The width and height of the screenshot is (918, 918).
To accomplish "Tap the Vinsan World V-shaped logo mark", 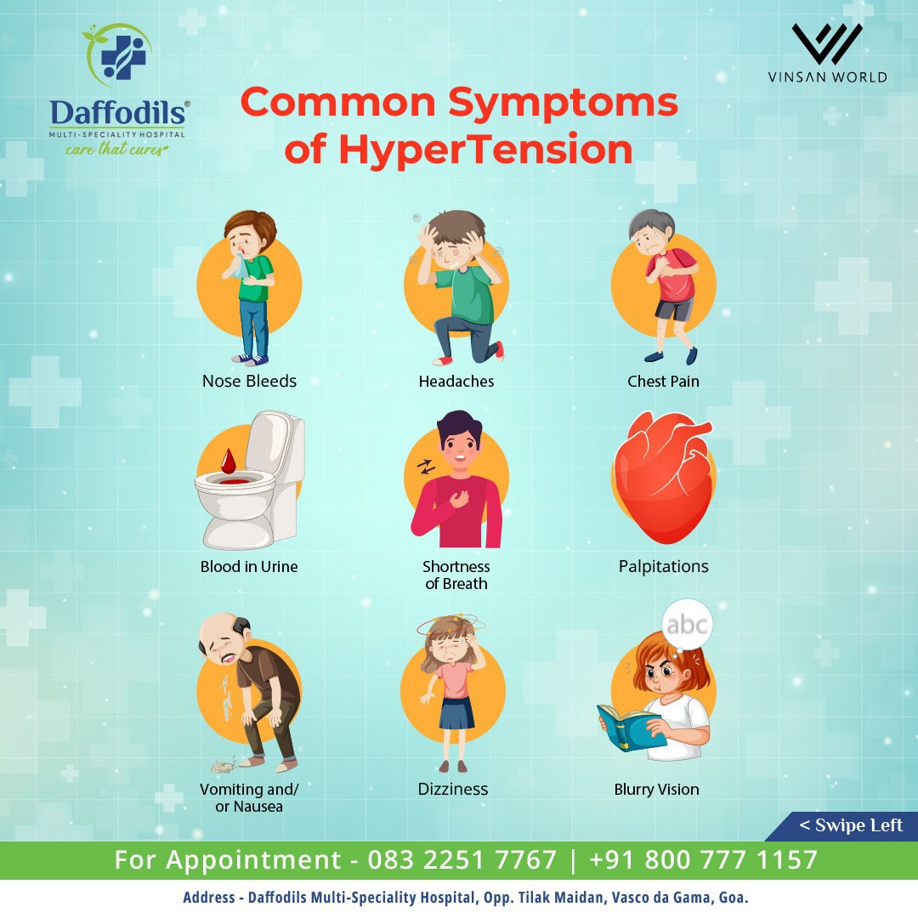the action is [x=827, y=44].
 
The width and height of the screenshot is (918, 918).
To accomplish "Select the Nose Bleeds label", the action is [x=249, y=381].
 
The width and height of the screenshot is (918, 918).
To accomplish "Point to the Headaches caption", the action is [x=456, y=381].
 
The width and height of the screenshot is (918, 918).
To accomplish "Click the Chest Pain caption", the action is [x=663, y=381].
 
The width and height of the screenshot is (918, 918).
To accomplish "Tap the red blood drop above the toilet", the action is [x=229, y=461].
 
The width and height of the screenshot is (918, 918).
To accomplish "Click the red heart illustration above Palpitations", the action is [x=663, y=477].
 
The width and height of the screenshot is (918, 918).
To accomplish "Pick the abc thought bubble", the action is [x=687, y=625].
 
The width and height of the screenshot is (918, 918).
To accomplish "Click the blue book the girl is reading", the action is [x=631, y=727].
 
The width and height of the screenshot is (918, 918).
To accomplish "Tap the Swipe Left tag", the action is [x=850, y=825].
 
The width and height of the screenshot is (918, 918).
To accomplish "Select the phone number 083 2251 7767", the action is [x=462, y=860].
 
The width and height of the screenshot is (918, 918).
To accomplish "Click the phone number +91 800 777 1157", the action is [x=703, y=860].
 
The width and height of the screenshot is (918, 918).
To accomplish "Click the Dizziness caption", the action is [x=452, y=789].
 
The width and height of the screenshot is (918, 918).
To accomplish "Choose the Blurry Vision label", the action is [x=656, y=789].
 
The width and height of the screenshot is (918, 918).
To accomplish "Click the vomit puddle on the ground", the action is [x=223, y=765].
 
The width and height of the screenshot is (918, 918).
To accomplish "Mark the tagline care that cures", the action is [x=116, y=150].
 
